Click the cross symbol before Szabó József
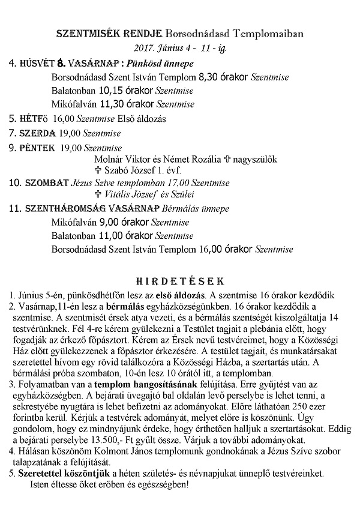click(98, 170)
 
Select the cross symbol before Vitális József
click(98, 194)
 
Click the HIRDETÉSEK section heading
click(180, 281)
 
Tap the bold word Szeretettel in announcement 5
click(32, 474)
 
